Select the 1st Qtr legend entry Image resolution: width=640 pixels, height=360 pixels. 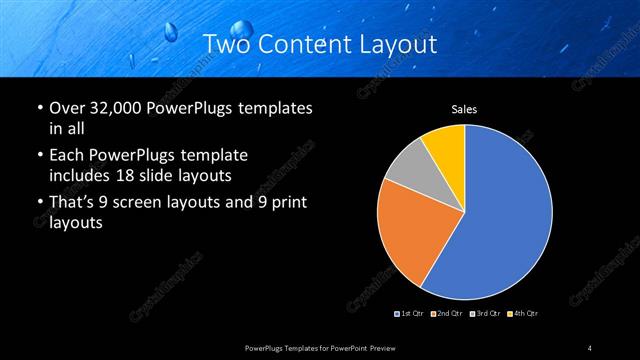click(411, 314)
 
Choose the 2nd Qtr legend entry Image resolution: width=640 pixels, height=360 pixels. click(446, 314)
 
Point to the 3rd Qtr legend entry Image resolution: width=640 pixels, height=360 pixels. click(484, 314)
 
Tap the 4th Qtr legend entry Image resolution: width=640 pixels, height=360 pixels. click(521, 314)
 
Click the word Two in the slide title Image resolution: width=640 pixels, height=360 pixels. click(227, 44)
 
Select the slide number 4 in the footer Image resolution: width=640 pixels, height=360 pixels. click(590, 347)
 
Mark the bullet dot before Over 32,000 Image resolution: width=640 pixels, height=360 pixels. click(38, 107)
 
